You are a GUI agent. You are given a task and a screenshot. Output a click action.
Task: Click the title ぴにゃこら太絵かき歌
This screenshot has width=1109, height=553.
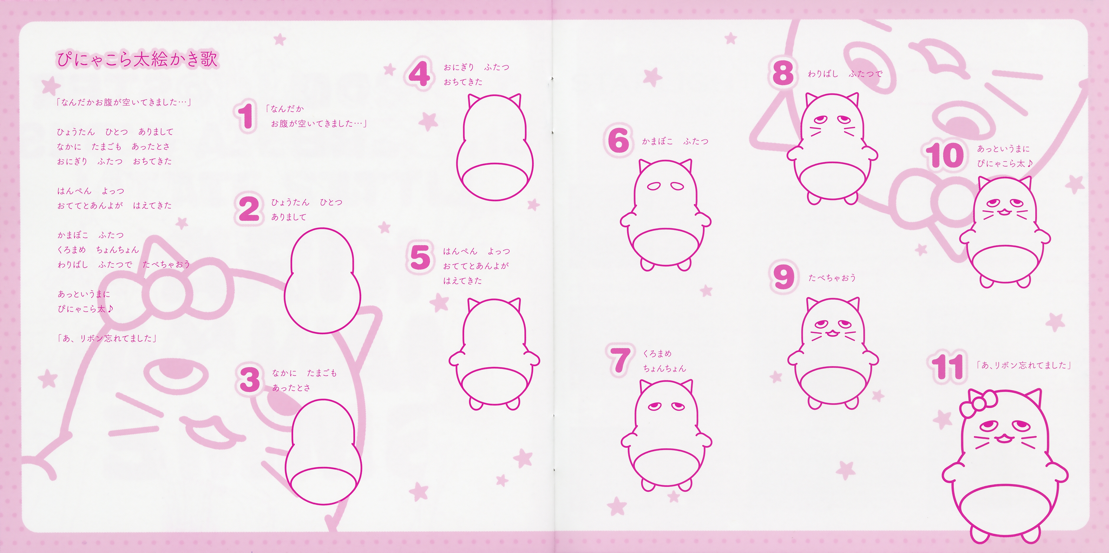(x=137, y=59)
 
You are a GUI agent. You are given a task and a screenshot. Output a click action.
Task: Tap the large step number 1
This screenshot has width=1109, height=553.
(x=246, y=115)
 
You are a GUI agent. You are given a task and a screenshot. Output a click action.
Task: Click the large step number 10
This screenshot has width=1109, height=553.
(x=944, y=155)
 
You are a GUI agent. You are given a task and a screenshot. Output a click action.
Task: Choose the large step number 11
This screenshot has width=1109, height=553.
(x=947, y=367)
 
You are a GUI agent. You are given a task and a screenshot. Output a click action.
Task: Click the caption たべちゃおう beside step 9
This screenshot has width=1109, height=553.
(x=832, y=278)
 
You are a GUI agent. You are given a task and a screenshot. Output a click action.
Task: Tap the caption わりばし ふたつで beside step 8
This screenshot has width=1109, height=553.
(x=845, y=74)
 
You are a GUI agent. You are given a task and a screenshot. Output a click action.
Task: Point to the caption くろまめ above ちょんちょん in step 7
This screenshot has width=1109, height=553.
(x=657, y=353)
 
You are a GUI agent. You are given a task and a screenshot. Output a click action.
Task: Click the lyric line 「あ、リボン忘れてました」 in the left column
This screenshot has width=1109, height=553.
(x=107, y=338)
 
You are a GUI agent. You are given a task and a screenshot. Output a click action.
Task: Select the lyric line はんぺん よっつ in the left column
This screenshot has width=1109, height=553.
(x=91, y=191)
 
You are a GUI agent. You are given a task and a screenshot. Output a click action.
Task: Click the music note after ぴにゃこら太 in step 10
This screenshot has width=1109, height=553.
(x=1029, y=163)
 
